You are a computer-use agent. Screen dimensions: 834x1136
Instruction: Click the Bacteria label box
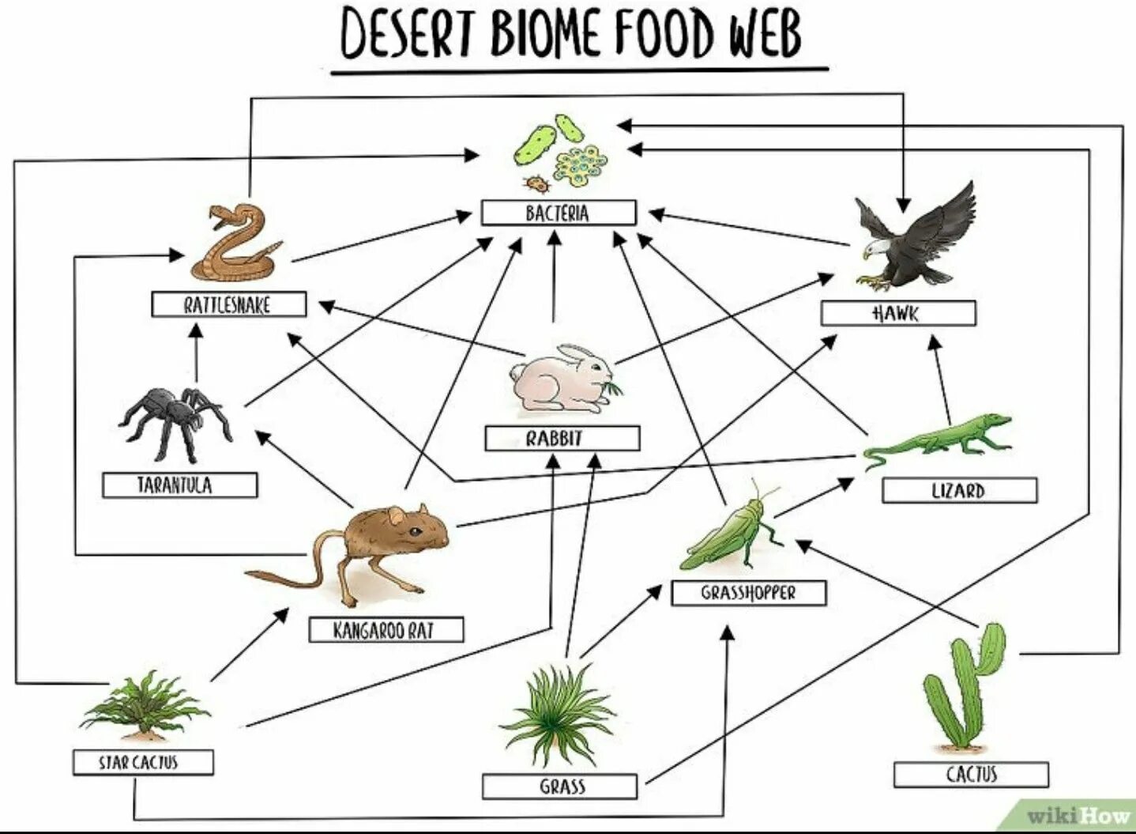pos(558,213)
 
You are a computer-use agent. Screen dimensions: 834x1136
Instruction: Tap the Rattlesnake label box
pos(228,304)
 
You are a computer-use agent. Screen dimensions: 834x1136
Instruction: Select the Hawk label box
pos(897,313)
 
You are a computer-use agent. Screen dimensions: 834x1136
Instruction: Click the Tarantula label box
pos(179,485)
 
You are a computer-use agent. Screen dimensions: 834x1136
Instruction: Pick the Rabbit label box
pos(562,438)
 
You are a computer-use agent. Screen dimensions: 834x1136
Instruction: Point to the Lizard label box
pos(959,490)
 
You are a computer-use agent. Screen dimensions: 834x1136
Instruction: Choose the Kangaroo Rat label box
pos(386,629)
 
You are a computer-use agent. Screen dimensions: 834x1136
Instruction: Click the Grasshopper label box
pos(748,593)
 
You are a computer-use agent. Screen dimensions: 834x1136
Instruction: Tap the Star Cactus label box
pos(142,762)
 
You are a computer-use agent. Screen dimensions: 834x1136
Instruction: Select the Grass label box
pos(559,787)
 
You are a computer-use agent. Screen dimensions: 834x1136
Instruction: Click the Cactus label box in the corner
pos(971,775)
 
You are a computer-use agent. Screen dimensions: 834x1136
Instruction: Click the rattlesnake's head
pos(223,214)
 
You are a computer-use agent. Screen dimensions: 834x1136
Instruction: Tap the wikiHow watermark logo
pos(1076,814)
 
